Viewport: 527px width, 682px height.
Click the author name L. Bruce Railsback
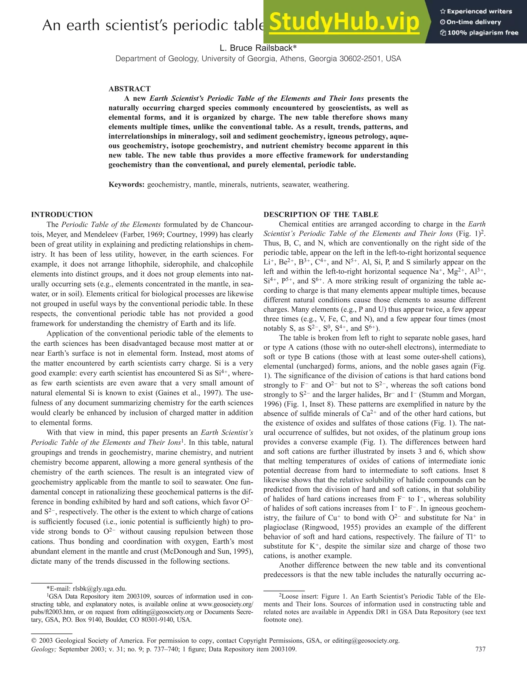(258, 48)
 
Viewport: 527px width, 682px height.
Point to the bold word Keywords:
(126, 185)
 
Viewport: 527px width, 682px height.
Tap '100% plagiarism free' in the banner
(483, 33)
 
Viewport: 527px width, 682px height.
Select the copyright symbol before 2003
(34, 641)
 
